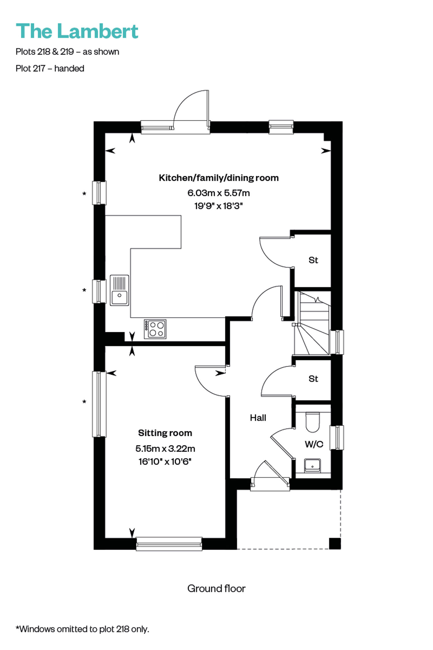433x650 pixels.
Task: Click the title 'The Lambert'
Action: click(x=77, y=31)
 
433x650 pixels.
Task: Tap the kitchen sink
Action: click(x=119, y=290)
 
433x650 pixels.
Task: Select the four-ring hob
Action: click(x=155, y=329)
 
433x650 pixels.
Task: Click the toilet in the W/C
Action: click(x=313, y=422)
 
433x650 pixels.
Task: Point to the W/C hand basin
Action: click(x=313, y=465)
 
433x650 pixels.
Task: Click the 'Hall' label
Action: click(x=258, y=417)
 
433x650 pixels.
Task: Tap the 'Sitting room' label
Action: click(x=165, y=433)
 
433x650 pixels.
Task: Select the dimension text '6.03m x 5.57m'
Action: click(x=219, y=193)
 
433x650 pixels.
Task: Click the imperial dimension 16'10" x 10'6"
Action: click(x=165, y=461)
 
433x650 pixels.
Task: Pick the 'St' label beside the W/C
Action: click(x=313, y=379)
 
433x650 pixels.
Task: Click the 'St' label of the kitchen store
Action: click(x=313, y=260)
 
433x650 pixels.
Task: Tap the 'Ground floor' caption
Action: click(x=216, y=588)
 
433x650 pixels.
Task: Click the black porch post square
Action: click(x=335, y=543)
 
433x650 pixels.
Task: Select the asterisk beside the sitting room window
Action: click(x=84, y=402)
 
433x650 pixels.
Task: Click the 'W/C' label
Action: click(x=314, y=444)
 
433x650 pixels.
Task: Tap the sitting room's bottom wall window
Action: click(x=169, y=544)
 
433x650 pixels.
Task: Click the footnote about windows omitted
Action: click(x=83, y=629)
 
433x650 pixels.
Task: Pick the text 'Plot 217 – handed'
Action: click(x=50, y=68)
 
